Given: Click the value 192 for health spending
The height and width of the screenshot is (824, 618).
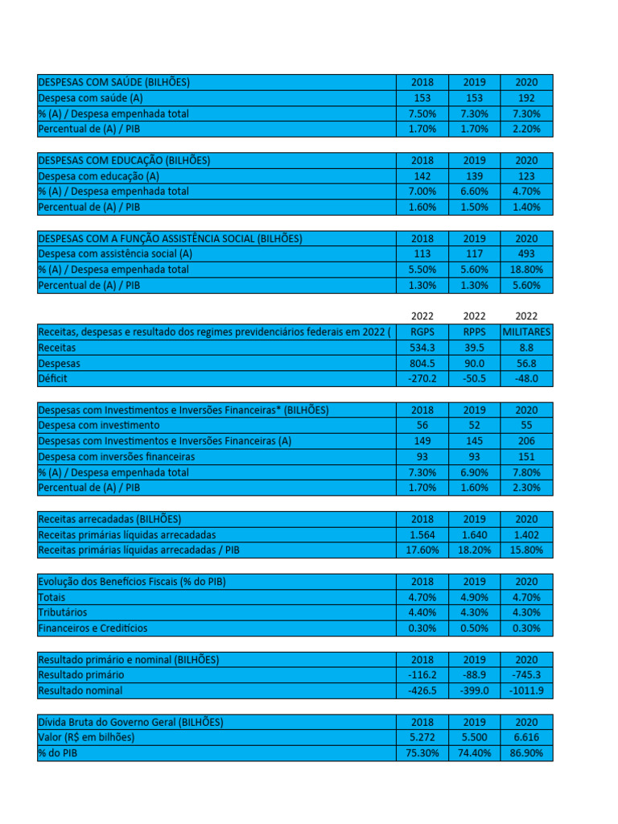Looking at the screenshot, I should tap(526, 98).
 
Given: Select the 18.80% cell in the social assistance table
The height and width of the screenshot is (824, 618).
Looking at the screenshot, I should tap(526, 270).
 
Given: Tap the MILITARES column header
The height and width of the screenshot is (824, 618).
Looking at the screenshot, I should tap(526, 332).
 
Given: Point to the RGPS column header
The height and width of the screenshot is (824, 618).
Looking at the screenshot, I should tap(422, 332).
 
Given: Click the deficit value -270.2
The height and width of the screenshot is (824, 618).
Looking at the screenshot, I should tap(422, 378).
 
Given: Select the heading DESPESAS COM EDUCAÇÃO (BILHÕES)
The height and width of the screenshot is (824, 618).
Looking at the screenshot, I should tap(124, 160).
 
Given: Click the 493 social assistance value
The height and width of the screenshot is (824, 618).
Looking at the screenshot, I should tap(526, 253).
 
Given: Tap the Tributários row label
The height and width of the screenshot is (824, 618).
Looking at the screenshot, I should tap(63, 612).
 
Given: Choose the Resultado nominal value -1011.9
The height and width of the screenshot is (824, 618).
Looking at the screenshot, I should tap(526, 690).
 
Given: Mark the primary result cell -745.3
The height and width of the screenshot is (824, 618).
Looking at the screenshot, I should tap(526, 674).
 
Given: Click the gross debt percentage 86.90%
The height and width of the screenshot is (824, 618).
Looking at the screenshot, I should tap(526, 753).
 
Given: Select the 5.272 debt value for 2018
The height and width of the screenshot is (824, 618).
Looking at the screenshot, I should tap(422, 737).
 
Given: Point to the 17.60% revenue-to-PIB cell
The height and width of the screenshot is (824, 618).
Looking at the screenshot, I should tap(422, 550).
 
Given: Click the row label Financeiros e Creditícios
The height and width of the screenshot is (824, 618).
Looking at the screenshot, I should tap(93, 628).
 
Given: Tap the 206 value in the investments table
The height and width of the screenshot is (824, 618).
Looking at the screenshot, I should tap(526, 441).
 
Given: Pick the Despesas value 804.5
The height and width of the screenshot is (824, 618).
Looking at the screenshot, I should tap(422, 363).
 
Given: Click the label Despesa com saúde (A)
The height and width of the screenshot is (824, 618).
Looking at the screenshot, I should tap(90, 98).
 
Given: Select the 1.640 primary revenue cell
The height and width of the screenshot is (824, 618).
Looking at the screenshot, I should tap(474, 534).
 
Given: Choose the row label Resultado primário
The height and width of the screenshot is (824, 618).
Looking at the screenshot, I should tap(81, 674).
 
